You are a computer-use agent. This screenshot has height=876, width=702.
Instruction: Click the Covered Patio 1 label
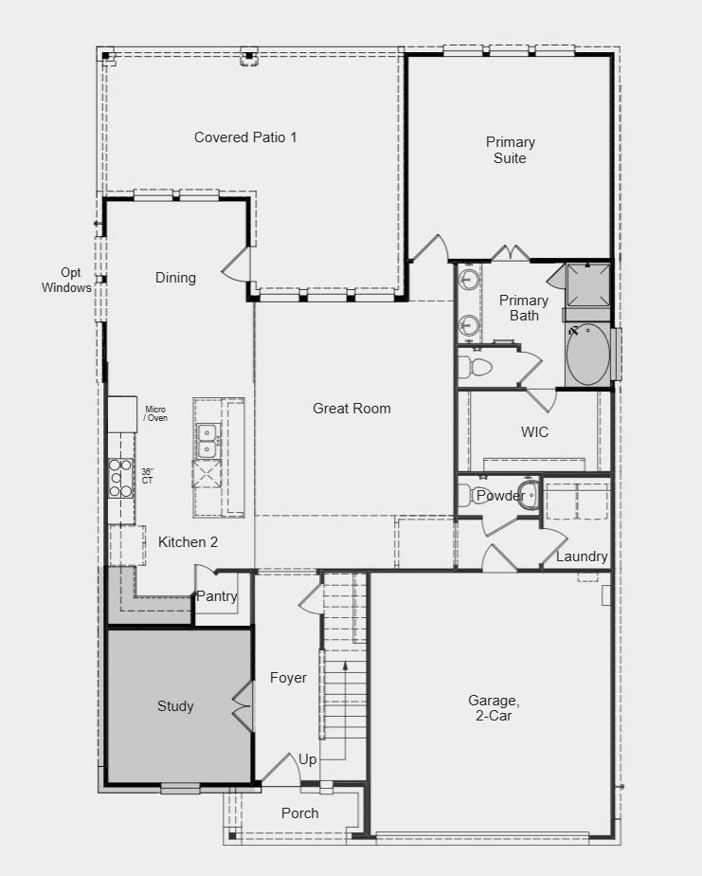245,137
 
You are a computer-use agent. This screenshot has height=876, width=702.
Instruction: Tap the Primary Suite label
511,150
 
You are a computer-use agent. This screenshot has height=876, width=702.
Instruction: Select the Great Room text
351,409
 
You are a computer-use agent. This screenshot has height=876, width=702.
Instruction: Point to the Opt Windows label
66,280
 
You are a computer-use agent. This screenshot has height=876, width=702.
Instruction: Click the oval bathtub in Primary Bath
588,355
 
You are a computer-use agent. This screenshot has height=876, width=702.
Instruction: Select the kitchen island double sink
208,439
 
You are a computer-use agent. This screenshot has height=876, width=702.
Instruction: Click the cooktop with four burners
119,478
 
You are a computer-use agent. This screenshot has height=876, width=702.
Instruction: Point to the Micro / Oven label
155,413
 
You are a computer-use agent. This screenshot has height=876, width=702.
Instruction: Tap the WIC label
534,432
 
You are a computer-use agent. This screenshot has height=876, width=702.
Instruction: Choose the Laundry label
582,557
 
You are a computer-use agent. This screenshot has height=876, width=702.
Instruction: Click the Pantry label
216,596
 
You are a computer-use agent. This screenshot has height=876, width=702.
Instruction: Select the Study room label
175,706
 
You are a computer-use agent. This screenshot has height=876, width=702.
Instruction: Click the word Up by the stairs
308,759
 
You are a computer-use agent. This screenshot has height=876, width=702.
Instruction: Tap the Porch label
300,813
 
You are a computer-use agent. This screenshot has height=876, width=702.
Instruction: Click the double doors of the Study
242,706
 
